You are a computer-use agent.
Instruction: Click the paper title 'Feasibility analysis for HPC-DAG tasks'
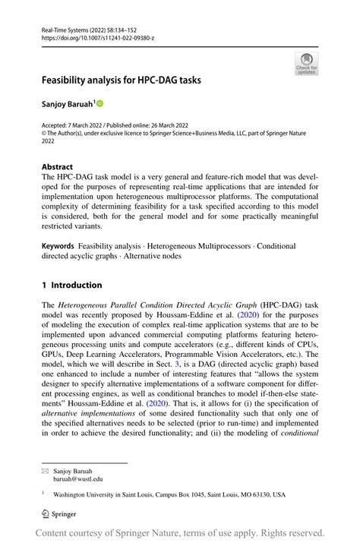127,79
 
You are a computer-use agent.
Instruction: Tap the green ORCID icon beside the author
99,102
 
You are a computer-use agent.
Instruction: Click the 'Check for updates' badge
306,64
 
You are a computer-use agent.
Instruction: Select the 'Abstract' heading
58,166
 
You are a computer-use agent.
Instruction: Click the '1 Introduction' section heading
71,285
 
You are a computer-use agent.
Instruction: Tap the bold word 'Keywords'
58,246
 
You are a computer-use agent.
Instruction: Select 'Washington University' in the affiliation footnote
88,494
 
